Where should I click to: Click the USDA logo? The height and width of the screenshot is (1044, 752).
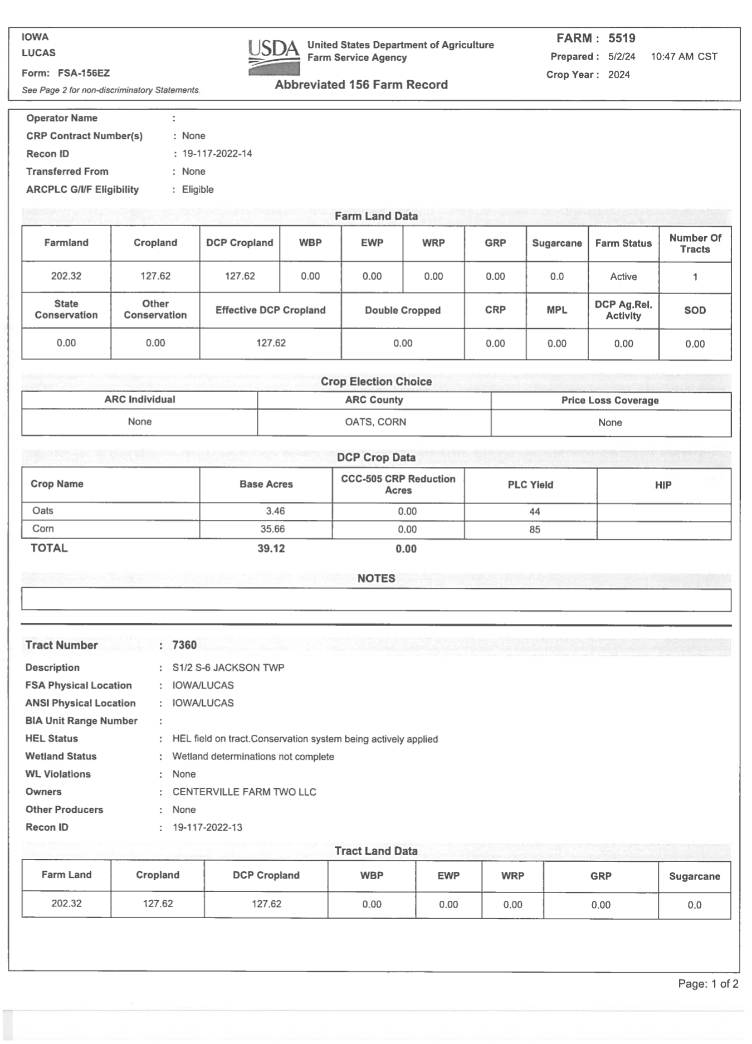tap(274, 57)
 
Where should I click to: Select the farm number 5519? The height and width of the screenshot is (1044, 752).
tap(622, 38)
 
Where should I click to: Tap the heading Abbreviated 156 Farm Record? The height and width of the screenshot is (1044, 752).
tap(361, 85)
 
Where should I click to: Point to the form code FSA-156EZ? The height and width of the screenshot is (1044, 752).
tap(84, 73)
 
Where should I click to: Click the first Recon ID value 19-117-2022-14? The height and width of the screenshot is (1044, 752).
tap(217, 154)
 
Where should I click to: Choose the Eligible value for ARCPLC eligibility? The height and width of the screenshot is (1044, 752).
tap(198, 189)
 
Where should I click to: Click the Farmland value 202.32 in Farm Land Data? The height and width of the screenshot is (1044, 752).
tap(66, 276)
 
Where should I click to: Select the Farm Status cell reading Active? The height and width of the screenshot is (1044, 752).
tap(623, 277)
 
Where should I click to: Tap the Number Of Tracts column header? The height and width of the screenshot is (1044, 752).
tap(695, 243)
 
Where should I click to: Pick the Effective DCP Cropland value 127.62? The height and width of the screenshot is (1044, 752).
tap(271, 343)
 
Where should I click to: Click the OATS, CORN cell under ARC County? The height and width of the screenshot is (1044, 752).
tap(375, 422)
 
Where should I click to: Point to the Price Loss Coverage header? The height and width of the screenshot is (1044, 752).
tap(610, 401)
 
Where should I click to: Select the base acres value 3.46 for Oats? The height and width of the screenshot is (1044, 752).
tap(275, 511)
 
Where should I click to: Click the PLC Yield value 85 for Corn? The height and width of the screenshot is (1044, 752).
tap(534, 529)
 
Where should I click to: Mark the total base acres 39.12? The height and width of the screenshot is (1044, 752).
tap(271, 549)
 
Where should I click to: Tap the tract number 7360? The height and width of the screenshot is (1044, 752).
tap(184, 645)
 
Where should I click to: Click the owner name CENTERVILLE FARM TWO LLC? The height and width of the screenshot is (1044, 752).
tap(244, 792)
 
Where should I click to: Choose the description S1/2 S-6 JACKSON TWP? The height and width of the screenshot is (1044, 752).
tap(228, 667)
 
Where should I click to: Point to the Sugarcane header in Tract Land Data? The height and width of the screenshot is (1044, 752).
tap(694, 876)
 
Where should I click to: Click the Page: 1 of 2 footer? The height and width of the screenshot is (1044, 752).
tap(708, 984)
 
